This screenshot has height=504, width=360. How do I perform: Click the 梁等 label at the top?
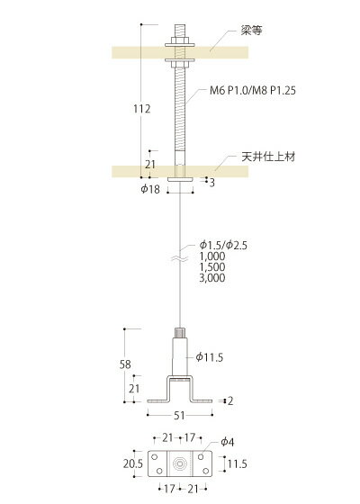tap(252, 31)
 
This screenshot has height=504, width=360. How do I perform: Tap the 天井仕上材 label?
tap(268, 157)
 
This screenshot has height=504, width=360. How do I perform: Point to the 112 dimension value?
tap(142, 109)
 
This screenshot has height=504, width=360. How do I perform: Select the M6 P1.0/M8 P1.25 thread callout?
tap(253, 90)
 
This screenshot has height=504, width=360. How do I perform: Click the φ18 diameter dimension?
tap(150, 189)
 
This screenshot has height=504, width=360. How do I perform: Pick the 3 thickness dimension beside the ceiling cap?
tap(211, 183)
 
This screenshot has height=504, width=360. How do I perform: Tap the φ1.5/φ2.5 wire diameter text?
tap(223, 245)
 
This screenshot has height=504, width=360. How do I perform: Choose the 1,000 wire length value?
tap(212, 256)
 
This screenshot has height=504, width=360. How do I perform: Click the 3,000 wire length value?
tap(212, 278)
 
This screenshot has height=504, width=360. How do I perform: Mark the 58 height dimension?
tap(125, 364)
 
